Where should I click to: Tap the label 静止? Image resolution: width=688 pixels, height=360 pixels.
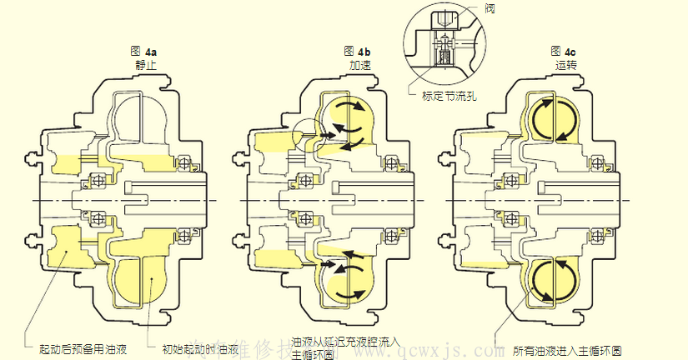click(x=144, y=65)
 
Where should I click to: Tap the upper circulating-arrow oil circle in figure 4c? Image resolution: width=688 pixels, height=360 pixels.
click(x=551, y=118)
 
